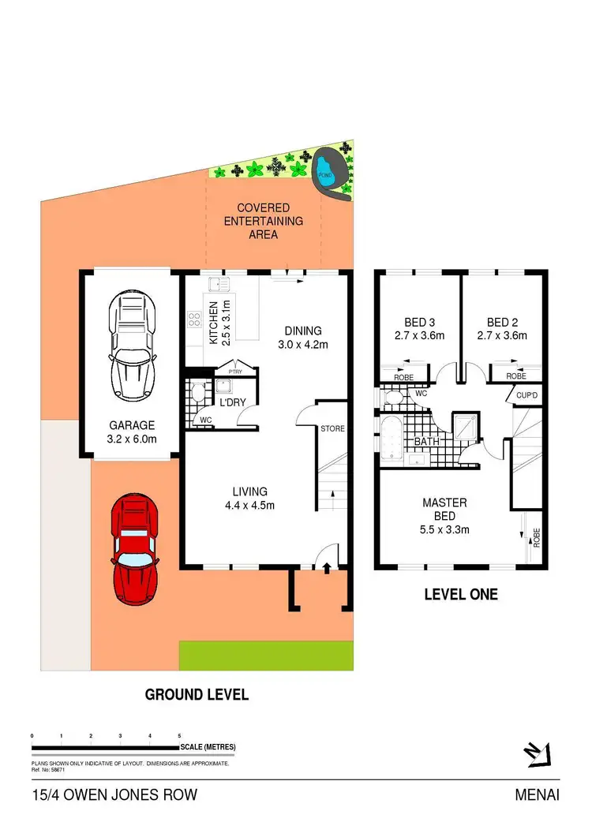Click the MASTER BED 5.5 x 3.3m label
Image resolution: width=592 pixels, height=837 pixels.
pyautogui.click(x=444, y=516)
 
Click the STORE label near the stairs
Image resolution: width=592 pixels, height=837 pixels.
pyautogui.click(x=332, y=429)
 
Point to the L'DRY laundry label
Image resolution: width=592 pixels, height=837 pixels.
pyautogui.click(x=232, y=402)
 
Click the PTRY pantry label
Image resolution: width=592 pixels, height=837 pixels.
pyautogui.click(x=234, y=371)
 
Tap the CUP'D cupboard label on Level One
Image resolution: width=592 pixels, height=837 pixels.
pyautogui.click(x=526, y=395)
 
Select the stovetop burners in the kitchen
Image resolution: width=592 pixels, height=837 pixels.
pyautogui.click(x=193, y=319)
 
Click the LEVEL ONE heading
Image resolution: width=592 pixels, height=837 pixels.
pyautogui.click(x=461, y=594)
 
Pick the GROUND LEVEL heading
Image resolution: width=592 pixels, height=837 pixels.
pyautogui.click(x=197, y=694)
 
